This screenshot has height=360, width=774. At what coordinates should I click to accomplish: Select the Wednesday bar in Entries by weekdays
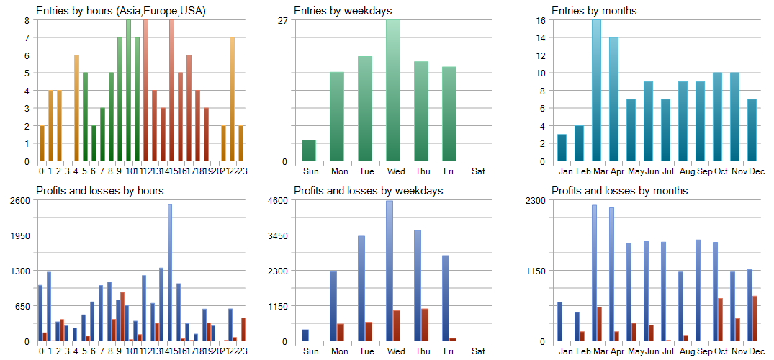[x=394, y=90]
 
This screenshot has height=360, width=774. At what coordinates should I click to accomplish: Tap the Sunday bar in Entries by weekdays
[x=309, y=150]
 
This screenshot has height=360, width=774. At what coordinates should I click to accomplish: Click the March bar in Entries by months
[x=596, y=90]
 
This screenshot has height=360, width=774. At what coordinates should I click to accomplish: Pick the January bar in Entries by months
[x=562, y=148]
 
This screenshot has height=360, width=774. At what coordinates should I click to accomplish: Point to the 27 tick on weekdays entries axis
[x=283, y=20]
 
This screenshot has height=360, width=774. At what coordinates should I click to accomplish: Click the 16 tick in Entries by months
[x=540, y=20]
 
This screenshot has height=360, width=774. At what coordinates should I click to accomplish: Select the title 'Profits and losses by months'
[x=619, y=191]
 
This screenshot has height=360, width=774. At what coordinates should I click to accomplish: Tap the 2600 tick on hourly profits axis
[x=19, y=200]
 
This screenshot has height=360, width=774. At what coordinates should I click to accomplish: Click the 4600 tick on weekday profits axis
[x=278, y=200]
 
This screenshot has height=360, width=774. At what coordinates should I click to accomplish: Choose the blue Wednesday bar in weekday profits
[x=390, y=271]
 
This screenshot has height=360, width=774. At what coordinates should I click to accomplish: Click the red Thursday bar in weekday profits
[x=425, y=325]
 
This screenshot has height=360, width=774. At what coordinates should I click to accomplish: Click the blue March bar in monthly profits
[x=594, y=273]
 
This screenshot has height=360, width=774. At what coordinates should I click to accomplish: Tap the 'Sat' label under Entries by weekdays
[x=478, y=171]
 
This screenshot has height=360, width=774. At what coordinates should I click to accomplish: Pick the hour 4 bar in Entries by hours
[x=76, y=108]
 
